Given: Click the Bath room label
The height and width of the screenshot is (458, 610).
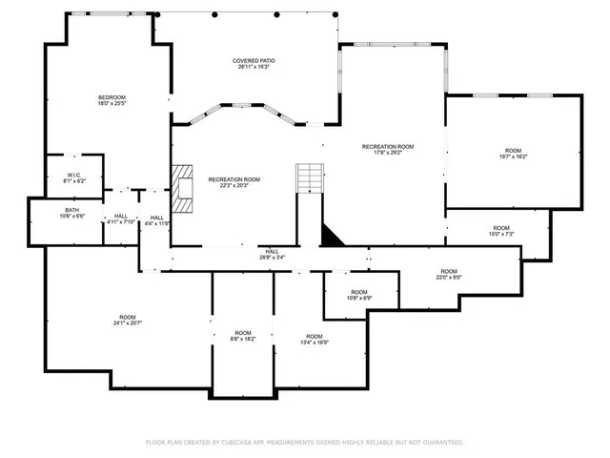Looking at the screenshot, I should coord(72,213).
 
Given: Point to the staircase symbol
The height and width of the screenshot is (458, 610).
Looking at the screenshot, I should coord(310,177).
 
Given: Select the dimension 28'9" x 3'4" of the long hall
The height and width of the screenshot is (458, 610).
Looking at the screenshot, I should coord(271,257).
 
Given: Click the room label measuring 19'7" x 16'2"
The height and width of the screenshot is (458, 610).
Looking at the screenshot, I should coord(513,154).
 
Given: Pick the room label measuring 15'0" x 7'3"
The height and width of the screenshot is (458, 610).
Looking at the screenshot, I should coord(500,231).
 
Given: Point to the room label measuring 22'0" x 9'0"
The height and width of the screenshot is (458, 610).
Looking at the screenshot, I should coord(449,275).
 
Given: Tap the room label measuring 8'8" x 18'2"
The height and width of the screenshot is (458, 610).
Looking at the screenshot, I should coord(243,335).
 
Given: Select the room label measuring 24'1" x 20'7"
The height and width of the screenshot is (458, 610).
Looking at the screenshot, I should coord(128,321).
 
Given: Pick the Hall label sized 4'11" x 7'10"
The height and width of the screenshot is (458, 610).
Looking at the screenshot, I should coord(121,219).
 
